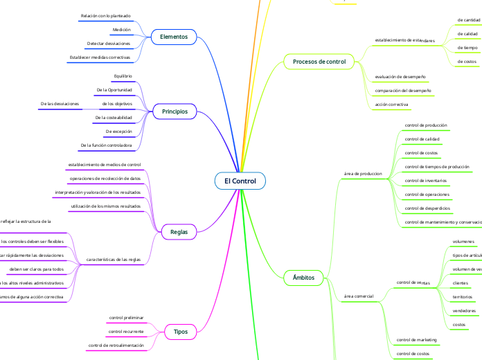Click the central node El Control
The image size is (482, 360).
240,181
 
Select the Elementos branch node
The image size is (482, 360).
174,36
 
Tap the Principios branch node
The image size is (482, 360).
175,111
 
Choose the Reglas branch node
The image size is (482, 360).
179,232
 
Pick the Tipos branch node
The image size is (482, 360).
179,332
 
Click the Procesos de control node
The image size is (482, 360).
319,62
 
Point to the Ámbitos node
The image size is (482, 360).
304,278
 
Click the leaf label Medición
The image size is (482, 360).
121,30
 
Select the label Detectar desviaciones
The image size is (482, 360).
109,43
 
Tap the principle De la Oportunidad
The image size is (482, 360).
114,90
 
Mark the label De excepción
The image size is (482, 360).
118,131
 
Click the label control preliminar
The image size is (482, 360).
126,318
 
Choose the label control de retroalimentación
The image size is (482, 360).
116,345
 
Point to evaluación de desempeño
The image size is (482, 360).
400,76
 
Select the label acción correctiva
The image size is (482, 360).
392,104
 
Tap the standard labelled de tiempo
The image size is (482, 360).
467,48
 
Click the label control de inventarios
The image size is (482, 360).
426,180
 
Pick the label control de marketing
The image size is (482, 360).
416,340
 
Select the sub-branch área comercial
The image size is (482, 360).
359,296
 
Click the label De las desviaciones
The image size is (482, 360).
60,104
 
